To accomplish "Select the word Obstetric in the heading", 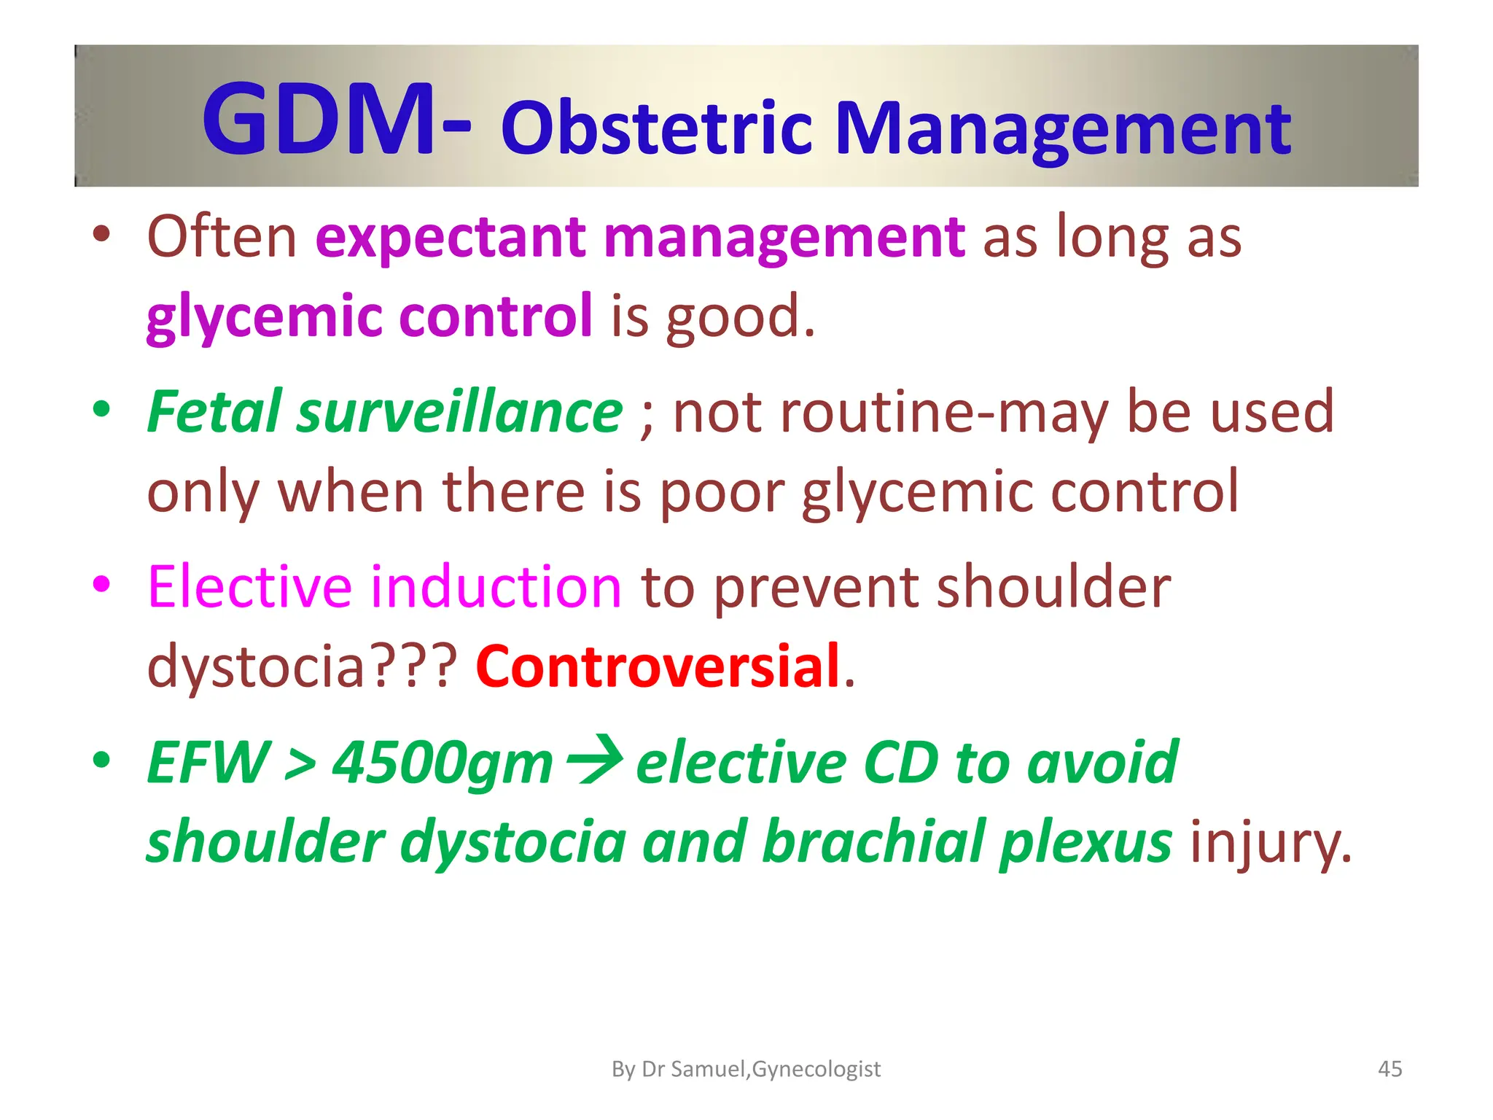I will tap(656, 129).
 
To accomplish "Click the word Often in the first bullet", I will tap(222, 237).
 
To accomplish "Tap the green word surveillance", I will tap(459, 412).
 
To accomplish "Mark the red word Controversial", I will tap(658, 666).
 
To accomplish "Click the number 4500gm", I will tap(443, 763).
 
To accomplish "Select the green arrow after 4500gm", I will tap(595, 760).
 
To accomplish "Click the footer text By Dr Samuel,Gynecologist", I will tap(746, 1069).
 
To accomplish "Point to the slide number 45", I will tap(1389, 1069).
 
